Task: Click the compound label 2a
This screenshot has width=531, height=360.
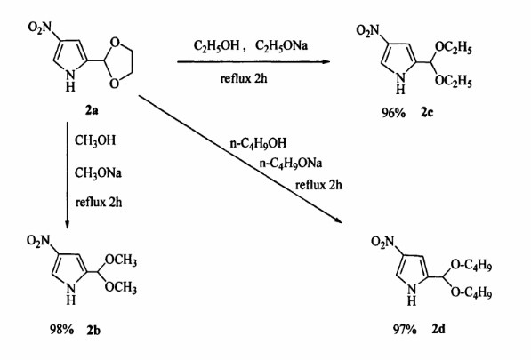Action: click(92, 110)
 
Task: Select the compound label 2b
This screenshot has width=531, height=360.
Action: click(93, 329)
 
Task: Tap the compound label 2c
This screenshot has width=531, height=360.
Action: click(427, 112)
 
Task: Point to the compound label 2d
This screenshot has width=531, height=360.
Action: click(438, 329)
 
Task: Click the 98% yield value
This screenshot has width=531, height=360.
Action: click(61, 329)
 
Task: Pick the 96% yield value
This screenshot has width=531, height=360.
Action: click(393, 112)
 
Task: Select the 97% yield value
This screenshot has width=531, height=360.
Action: click(405, 329)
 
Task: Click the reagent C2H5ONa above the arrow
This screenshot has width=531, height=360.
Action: click(281, 45)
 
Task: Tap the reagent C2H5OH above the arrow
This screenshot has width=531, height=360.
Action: click(217, 45)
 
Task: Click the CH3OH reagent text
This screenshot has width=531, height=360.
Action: click(95, 140)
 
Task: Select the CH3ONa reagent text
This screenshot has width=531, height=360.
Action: click(98, 173)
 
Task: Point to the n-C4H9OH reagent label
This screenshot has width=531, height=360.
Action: click(258, 143)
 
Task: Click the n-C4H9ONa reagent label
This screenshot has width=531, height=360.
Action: click(291, 164)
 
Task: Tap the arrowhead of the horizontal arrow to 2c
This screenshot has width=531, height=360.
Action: click(326, 61)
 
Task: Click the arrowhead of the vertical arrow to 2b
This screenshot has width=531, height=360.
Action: click(67, 225)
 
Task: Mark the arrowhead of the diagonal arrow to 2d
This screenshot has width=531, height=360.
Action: click(339, 220)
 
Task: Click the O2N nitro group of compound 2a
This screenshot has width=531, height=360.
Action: click(40, 27)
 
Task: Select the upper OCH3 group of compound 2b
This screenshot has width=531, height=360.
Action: click(121, 260)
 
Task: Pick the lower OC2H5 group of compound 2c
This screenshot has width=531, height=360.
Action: click(453, 81)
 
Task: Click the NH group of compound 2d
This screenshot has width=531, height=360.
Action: click(412, 295)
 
